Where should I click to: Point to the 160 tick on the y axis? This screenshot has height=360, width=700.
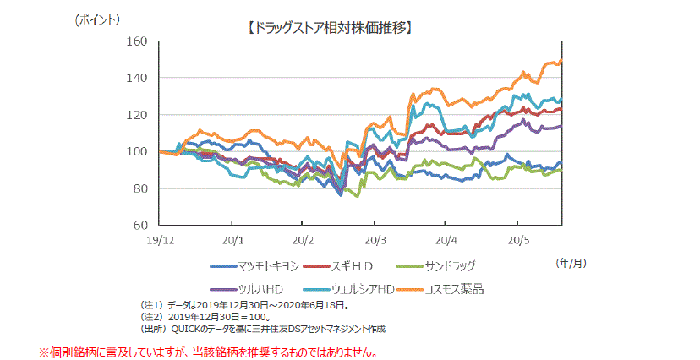pyautogui.click(x=137, y=41)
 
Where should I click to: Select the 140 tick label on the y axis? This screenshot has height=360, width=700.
pyautogui.click(x=137, y=78)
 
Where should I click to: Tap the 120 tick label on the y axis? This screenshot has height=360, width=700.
pyautogui.click(x=137, y=115)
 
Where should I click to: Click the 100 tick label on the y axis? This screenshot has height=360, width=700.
pyautogui.click(x=137, y=151)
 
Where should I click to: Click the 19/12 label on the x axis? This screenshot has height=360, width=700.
pyautogui.click(x=160, y=240)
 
